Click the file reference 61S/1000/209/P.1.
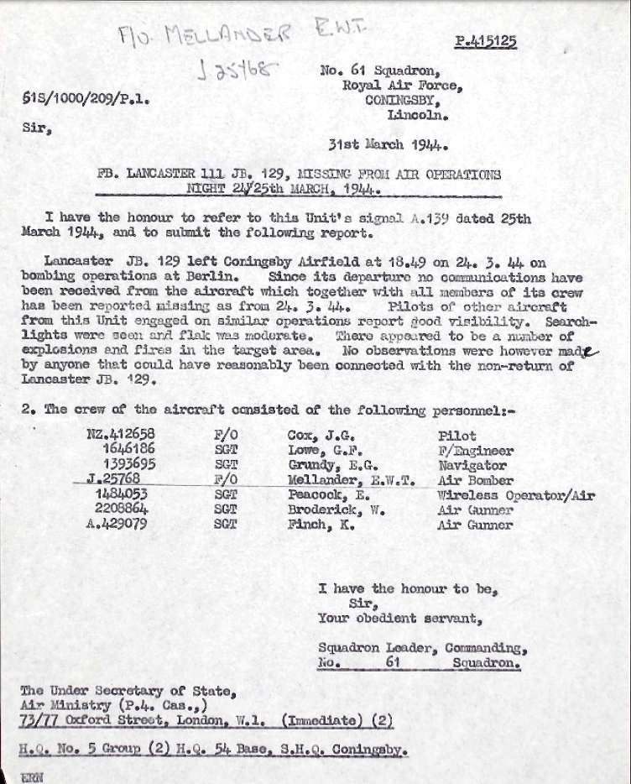coord(86,100)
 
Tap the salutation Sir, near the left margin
coord(34,129)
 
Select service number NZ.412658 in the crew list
coord(120,436)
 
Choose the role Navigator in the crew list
coord(472,465)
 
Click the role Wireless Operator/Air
coord(516,495)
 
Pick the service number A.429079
coord(119,525)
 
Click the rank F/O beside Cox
coord(226,436)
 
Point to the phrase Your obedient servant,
coord(399,619)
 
